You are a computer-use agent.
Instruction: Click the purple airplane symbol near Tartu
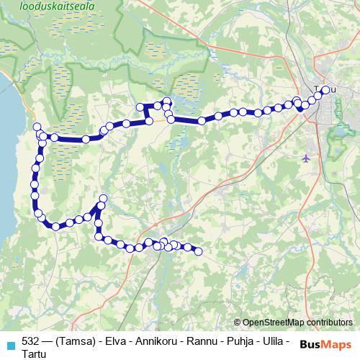click(x=307, y=157)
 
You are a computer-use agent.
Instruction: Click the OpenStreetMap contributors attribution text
click(x=297, y=323)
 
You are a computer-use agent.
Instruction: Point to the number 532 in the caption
click(x=31, y=341)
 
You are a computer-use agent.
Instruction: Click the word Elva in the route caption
click(x=116, y=341)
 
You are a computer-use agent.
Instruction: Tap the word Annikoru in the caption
click(x=158, y=341)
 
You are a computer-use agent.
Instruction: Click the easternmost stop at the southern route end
click(x=198, y=251)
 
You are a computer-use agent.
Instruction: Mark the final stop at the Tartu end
click(x=325, y=90)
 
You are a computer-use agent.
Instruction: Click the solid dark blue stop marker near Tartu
click(x=300, y=109)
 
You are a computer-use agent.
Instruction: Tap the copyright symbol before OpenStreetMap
click(x=238, y=323)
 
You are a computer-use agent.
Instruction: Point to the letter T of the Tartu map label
click(x=318, y=90)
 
